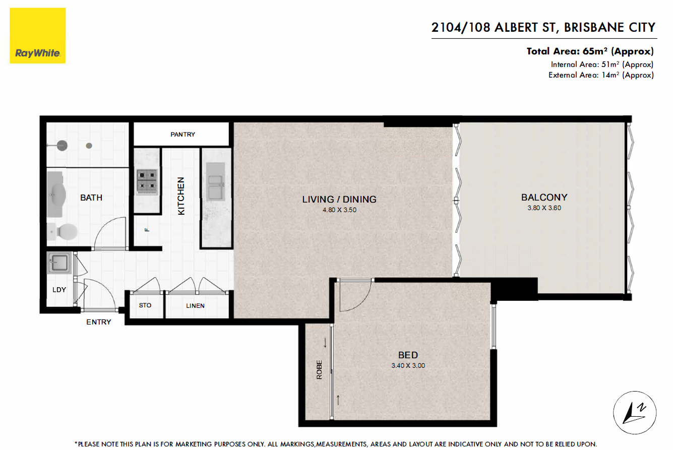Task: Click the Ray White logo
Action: (x=37, y=35)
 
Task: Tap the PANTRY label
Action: (x=182, y=134)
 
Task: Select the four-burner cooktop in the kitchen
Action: (x=147, y=182)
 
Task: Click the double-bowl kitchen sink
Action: (x=216, y=181)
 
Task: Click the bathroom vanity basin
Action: (x=56, y=194)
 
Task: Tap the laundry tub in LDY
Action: (x=59, y=263)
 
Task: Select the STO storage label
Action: (x=145, y=305)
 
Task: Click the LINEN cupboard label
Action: (x=195, y=306)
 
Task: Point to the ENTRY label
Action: (x=98, y=322)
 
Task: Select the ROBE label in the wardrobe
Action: (x=319, y=369)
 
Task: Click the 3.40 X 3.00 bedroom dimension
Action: (x=408, y=365)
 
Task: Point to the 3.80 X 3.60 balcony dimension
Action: (x=544, y=208)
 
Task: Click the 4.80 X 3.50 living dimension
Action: (x=339, y=210)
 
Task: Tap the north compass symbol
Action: (x=635, y=412)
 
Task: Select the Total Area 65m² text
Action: (x=590, y=51)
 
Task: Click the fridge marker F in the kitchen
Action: (x=147, y=230)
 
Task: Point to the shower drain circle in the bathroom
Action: (x=89, y=146)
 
